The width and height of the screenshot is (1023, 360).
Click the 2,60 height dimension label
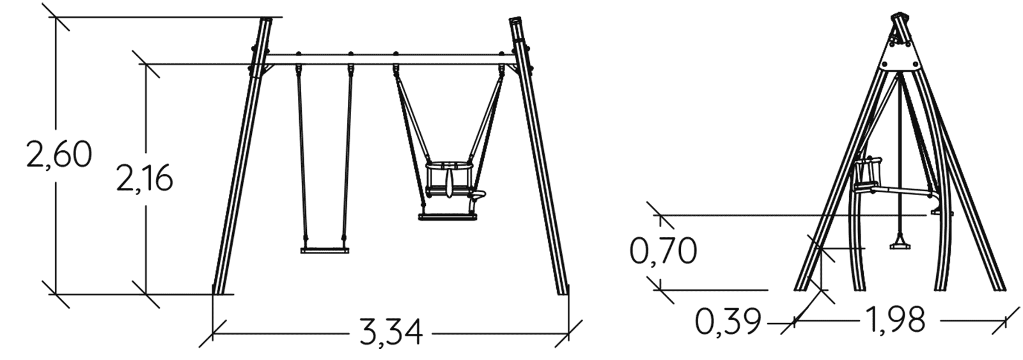pos(59,154)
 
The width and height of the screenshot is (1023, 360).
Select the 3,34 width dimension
pos(391,331)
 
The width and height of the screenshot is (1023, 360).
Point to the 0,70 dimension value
pos(663,251)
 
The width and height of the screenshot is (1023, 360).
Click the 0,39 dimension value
pos(728,321)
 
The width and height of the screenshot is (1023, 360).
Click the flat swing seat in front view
pos(325,251)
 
